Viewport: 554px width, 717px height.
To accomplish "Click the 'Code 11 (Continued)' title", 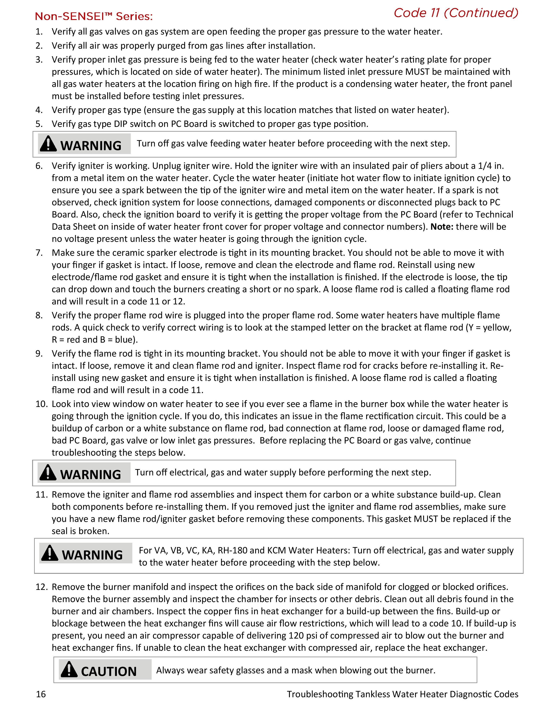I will click(456, 13).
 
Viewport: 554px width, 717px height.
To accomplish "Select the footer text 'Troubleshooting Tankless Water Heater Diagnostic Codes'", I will click(402, 694).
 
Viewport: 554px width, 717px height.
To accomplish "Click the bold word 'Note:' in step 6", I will click(442, 227).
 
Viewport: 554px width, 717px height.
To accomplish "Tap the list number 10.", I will click(42, 404).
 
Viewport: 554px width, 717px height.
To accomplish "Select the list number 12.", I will click(42, 587).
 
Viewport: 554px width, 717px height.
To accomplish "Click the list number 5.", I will click(39, 124).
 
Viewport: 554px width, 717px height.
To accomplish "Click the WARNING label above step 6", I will click(91, 145).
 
